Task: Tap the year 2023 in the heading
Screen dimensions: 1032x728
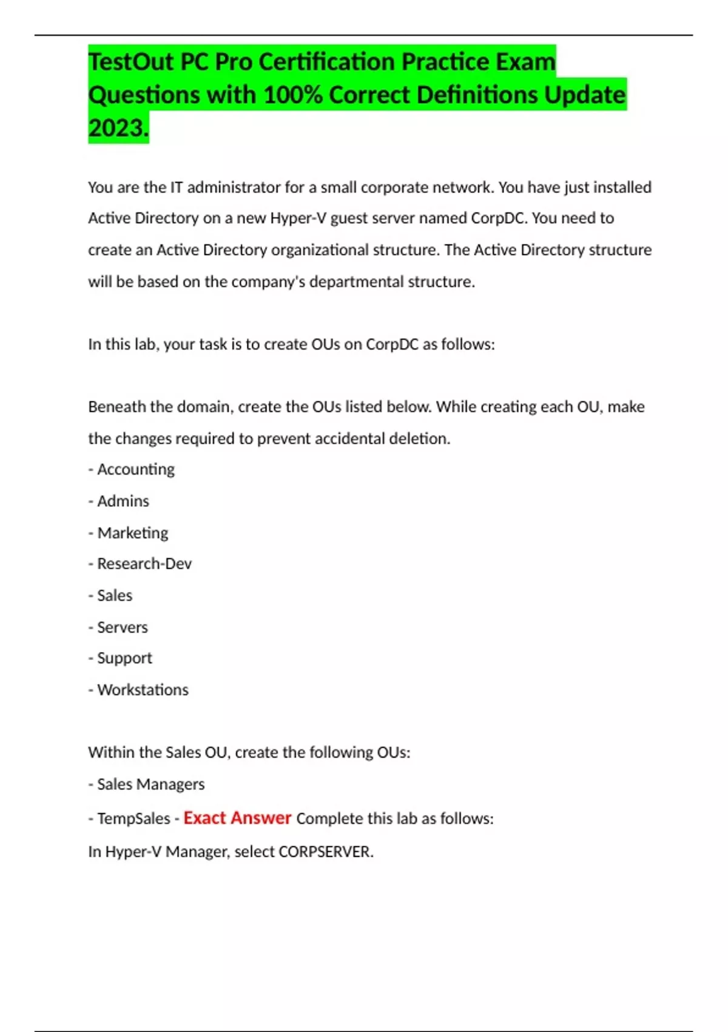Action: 116,128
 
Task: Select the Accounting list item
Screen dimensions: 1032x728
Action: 135,469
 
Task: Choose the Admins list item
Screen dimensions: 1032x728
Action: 123,501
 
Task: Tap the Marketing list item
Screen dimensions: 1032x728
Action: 132,533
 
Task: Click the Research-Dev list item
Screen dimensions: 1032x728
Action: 144,564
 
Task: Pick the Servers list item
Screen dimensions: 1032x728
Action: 122,627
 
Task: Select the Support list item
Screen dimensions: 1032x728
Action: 124,658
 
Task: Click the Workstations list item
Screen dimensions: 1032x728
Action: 143,690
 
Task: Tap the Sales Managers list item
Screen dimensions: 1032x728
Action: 150,784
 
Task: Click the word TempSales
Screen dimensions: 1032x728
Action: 133,819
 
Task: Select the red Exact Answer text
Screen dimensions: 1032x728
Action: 237,818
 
